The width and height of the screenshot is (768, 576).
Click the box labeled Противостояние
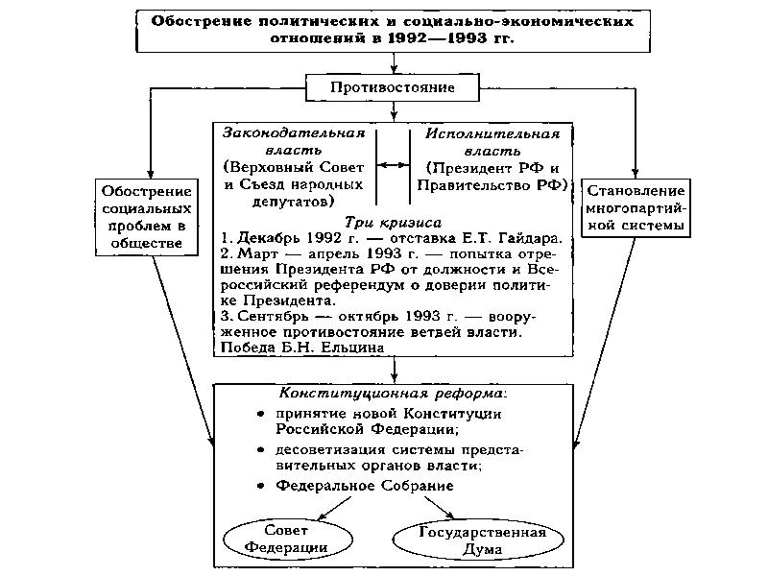click(x=393, y=88)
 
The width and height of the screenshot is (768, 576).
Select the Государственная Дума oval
click(x=469, y=540)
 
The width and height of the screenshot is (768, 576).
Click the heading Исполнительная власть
click(x=492, y=141)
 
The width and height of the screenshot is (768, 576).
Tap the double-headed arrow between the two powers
click(x=393, y=165)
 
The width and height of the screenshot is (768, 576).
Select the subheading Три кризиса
click(x=394, y=220)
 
